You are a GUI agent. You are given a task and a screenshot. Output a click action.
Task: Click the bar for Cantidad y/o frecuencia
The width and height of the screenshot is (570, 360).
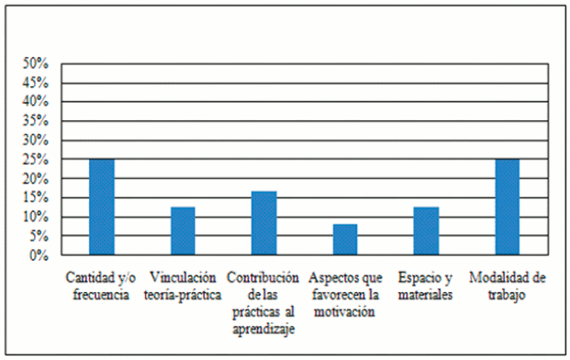[102, 208]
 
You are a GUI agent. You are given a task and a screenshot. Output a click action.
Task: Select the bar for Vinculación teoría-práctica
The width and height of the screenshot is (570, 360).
[183, 231]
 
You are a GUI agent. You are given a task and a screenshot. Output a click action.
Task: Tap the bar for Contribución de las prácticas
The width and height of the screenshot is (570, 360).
[264, 223]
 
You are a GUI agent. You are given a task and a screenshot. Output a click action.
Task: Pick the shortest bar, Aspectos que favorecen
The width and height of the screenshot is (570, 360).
[345, 240]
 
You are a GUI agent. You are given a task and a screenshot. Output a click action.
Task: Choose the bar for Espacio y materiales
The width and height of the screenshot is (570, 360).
[426, 231]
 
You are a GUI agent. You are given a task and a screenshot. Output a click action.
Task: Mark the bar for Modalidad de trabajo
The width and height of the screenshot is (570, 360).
[507, 208]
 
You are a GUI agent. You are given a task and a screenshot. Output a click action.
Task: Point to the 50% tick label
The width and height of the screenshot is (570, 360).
[36, 63]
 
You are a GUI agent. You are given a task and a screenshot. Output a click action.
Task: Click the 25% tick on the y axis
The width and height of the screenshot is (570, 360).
[36, 160]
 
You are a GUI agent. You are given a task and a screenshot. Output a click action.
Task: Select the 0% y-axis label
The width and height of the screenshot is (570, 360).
[39, 255]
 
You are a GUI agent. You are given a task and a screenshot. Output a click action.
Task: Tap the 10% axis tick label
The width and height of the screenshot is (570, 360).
[36, 217]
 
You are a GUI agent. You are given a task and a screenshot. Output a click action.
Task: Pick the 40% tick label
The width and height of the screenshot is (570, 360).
[36, 102]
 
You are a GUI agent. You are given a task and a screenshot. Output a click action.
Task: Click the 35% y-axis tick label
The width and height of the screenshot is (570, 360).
[36, 121]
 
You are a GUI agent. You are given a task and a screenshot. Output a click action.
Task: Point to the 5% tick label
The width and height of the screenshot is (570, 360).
[39, 236]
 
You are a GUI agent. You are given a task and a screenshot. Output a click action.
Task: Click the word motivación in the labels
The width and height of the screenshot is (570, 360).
[344, 313]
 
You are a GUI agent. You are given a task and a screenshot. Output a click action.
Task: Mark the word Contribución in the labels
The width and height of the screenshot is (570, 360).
[264, 278]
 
